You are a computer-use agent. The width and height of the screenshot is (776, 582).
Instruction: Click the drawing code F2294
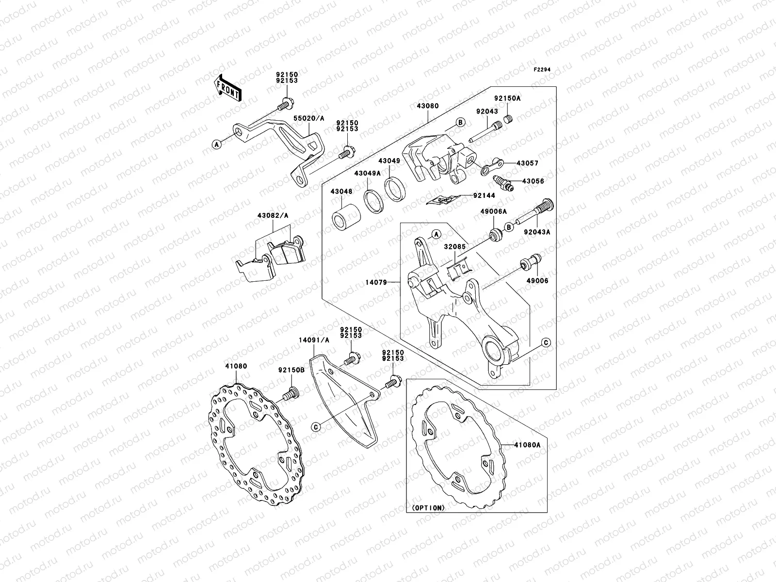542,70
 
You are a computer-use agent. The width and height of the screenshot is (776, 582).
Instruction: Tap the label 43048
341,192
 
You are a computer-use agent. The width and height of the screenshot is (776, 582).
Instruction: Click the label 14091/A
314,340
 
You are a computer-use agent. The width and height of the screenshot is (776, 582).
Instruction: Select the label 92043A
536,232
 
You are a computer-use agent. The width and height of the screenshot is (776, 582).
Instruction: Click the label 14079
377,282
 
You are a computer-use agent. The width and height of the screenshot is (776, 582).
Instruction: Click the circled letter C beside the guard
316,427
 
